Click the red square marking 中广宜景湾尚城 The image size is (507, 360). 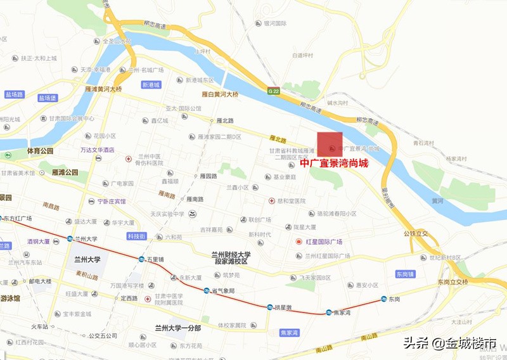tap(330, 144)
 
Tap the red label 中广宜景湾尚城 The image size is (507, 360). tap(334, 163)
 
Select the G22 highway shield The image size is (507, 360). tap(273, 91)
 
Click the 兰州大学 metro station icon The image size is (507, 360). tap(70, 239)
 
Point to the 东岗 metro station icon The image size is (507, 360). tap(383, 299)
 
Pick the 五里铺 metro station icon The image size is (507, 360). tap(141, 259)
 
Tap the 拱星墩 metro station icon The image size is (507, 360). tap(270, 307)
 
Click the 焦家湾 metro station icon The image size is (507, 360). tap(328, 312)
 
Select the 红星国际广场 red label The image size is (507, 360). tap(324, 242)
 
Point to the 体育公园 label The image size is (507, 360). tap(40, 151)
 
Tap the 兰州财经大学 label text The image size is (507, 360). tap(231, 254)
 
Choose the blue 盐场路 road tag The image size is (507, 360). tap(14, 94)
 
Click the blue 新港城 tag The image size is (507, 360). tap(151, 84)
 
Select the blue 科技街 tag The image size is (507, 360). tap(136, 236)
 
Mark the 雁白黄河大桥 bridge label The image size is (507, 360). tap(219, 94)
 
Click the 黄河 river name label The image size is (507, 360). tap(437, 201)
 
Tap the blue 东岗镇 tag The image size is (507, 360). tap(404, 274)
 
